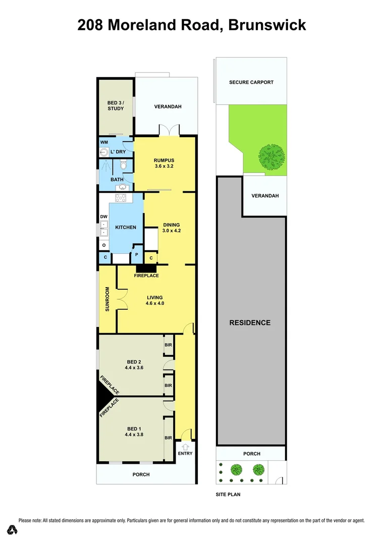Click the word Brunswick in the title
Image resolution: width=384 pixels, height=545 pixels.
(x=267, y=25)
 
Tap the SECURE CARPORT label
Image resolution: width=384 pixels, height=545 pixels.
(x=251, y=82)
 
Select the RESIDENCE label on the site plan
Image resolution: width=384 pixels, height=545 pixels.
(x=250, y=322)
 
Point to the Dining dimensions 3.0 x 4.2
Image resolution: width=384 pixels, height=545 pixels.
(x=171, y=231)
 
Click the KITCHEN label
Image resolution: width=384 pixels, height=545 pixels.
(x=125, y=228)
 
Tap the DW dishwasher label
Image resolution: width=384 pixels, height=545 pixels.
(x=104, y=217)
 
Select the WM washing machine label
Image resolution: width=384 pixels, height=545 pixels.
(x=104, y=143)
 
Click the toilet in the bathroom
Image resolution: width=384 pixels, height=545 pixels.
(x=123, y=165)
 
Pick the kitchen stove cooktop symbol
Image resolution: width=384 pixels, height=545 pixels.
(x=121, y=197)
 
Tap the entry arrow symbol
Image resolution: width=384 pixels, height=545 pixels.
(x=185, y=446)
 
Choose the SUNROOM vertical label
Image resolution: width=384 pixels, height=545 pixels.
(x=107, y=299)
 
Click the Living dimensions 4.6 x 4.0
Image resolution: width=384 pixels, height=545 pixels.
(x=155, y=303)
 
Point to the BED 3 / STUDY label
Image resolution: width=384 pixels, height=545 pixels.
(x=116, y=105)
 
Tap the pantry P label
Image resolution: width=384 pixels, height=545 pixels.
(x=136, y=255)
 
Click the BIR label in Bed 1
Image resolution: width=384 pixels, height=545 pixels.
(x=169, y=438)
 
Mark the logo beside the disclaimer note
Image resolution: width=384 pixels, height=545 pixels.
(x=13, y=530)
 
